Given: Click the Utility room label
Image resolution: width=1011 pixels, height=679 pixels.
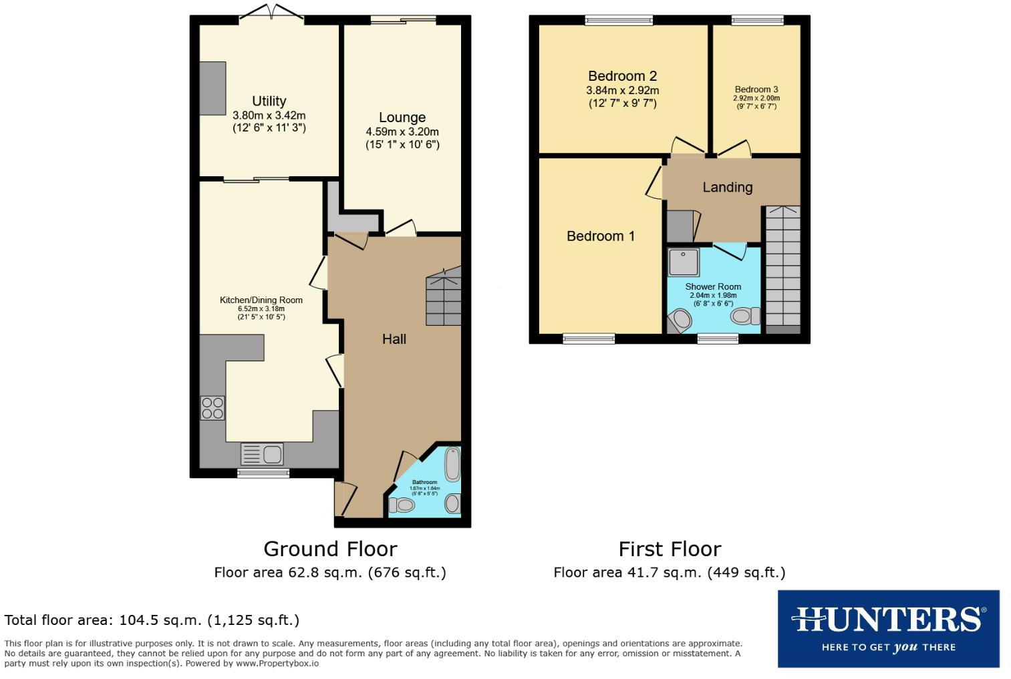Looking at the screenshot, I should (269, 101).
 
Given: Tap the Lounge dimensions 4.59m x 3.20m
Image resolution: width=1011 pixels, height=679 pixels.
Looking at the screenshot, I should (402, 132).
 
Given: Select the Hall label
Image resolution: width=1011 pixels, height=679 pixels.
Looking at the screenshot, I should (394, 339).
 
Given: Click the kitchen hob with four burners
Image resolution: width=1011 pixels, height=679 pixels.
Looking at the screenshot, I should (212, 408).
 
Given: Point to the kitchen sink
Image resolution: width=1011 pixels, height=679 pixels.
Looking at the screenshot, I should (262, 454).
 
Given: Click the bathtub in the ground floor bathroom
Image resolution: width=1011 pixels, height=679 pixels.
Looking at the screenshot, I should (452, 464).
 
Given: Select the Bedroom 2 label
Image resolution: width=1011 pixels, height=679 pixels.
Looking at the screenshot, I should (622, 76).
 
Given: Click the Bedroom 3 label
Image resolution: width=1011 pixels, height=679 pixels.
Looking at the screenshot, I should (756, 89).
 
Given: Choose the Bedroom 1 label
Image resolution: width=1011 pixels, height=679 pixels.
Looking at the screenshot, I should (600, 236).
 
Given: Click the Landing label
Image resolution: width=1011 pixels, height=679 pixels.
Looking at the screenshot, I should (727, 188).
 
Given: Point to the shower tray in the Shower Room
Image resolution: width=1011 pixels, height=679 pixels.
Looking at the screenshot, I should (684, 262).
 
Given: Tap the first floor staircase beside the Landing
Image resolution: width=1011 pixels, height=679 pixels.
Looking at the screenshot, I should (782, 267).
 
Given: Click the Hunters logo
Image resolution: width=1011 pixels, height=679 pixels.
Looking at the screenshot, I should (888, 628).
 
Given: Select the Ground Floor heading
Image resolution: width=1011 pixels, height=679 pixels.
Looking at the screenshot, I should (330, 549).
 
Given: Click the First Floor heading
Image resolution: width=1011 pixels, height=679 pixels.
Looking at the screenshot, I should (670, 549).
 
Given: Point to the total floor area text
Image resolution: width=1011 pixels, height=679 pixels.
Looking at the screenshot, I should (152, 620).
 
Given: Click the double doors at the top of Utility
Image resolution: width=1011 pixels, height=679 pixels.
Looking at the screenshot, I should (271, 13).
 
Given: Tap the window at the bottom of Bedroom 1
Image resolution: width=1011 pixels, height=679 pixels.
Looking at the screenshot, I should (589, 339).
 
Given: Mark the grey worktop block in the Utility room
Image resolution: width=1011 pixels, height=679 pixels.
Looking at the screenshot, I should (212, 88).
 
